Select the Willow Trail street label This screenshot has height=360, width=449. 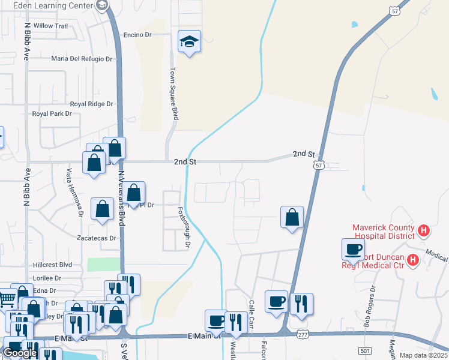51,26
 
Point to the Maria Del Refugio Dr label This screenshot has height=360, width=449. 82,59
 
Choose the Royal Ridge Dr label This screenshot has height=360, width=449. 91,104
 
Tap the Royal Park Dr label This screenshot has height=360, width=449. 56,113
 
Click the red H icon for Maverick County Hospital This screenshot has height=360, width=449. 423,230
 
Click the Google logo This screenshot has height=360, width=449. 20,353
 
